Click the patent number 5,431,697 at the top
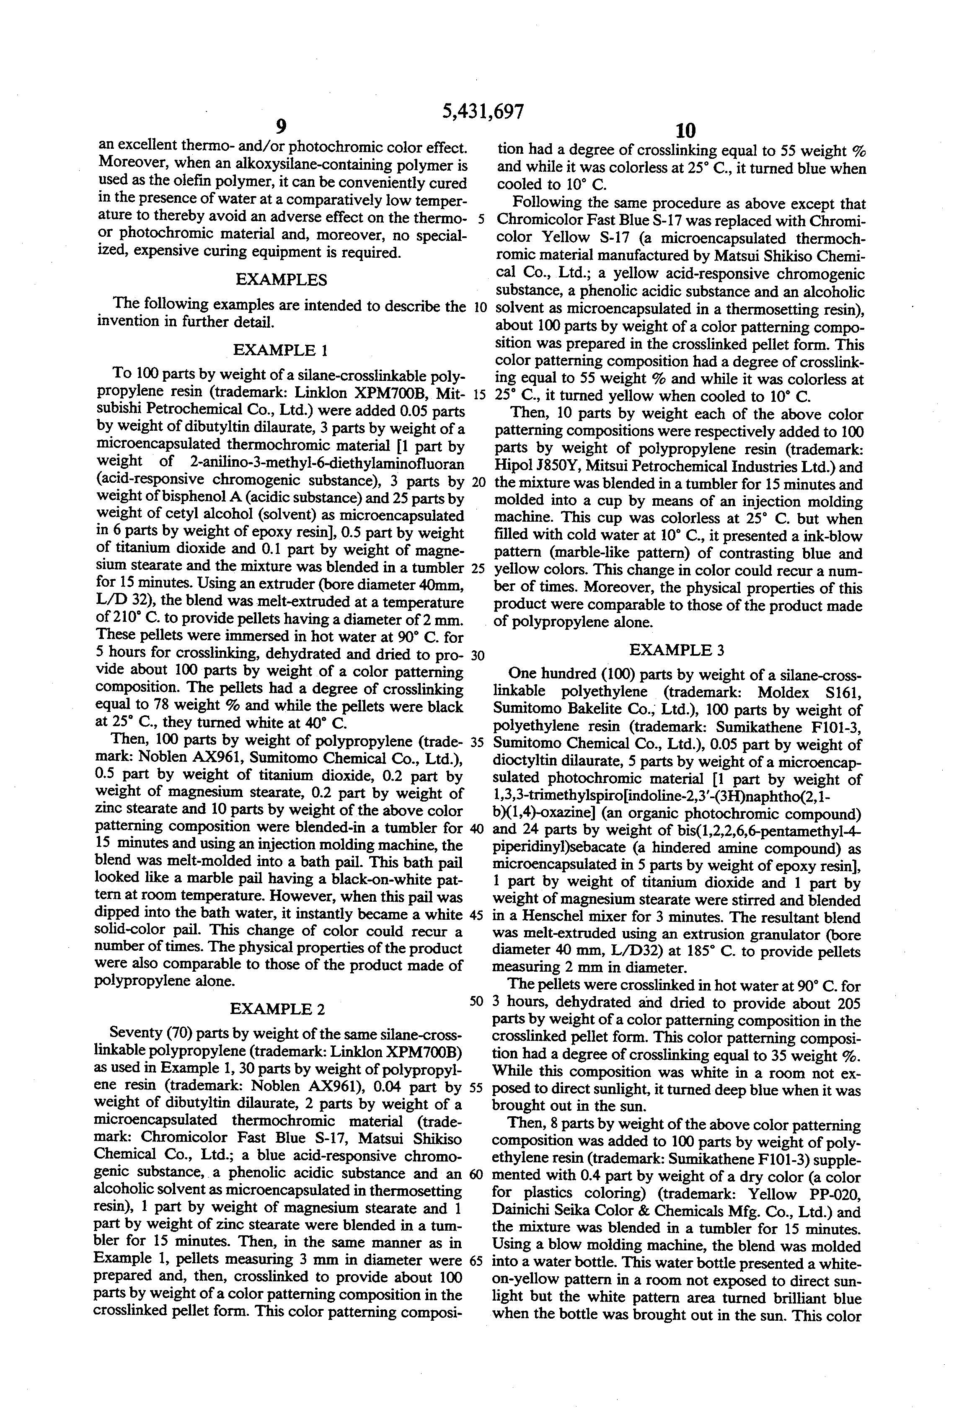(x=483, y=111)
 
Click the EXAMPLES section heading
(x=282, y=280)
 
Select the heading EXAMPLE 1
(x=280, y=350)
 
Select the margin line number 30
(x=477, y=655)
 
